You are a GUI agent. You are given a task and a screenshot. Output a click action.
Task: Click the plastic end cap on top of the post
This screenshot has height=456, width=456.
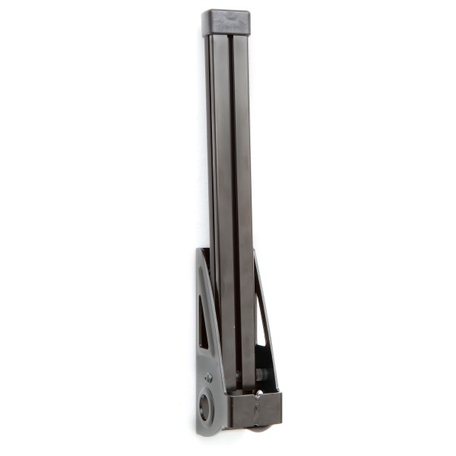226,23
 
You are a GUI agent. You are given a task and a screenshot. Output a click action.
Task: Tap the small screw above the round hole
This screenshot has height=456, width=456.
208,377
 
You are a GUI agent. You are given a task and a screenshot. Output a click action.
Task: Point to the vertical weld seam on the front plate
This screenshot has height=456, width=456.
257,410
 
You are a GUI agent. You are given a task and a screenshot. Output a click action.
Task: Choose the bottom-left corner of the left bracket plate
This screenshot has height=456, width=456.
199,432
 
